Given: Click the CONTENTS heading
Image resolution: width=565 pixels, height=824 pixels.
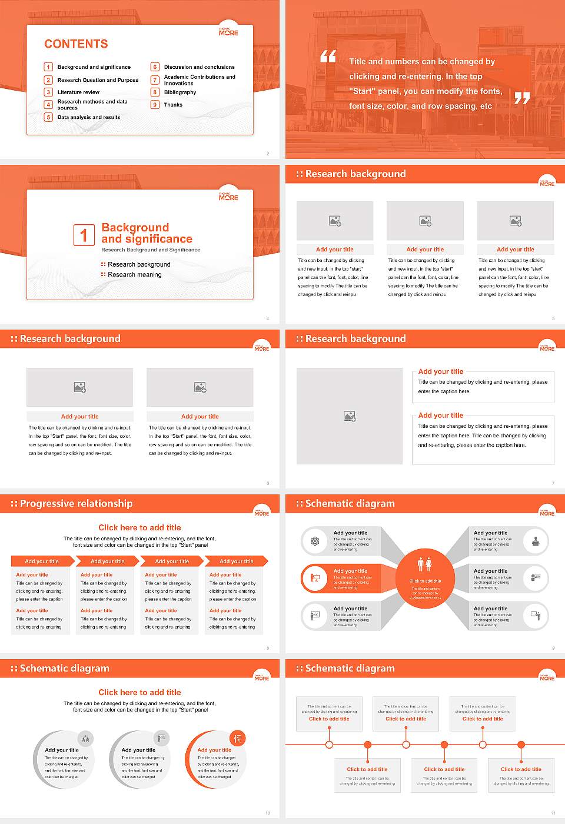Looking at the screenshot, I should [x=76, y=44].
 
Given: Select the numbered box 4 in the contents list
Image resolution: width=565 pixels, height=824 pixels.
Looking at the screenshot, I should [x=49, y=105].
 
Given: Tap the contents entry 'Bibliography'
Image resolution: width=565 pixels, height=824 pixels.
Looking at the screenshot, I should [x=180, y=92].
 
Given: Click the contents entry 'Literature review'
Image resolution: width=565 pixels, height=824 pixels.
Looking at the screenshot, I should [x=78, y=92].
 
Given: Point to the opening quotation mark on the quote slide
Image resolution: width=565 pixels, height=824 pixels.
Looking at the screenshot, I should [x=328, y=57].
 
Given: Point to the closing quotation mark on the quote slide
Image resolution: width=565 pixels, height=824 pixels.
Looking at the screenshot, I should [x=522, y=98].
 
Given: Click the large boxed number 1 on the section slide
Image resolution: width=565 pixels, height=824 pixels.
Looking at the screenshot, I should [x=84, y=235].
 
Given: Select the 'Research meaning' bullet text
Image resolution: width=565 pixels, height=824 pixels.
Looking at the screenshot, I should [x=134, y=275].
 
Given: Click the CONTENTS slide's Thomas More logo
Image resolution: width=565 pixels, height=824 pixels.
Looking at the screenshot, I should [x=228, y=32].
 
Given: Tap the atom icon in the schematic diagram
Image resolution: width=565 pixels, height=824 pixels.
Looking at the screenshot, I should [x=315, y=541].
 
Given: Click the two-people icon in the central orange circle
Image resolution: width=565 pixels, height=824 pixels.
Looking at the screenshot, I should [x=424, y=564].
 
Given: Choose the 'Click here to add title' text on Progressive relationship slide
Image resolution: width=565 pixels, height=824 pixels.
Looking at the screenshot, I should [x=139, y=528].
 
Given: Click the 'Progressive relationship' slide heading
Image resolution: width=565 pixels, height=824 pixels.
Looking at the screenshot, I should [x=76, y=504].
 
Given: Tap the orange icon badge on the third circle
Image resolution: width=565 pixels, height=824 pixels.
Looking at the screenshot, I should [x=238, y=738].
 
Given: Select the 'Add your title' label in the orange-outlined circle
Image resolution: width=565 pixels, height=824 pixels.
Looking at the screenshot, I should [x=214, y=750].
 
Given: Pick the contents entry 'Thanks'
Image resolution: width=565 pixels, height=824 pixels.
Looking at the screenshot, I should [x=173, y=105].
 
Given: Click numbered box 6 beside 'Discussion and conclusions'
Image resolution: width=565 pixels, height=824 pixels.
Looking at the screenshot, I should [x=155, y=67].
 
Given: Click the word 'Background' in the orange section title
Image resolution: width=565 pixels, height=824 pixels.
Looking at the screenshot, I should [x=135, y=228].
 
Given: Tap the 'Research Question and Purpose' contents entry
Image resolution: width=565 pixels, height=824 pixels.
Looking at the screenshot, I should [x=98, y=80].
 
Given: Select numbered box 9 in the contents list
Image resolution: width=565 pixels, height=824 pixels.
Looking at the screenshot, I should [x=155, y=105].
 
